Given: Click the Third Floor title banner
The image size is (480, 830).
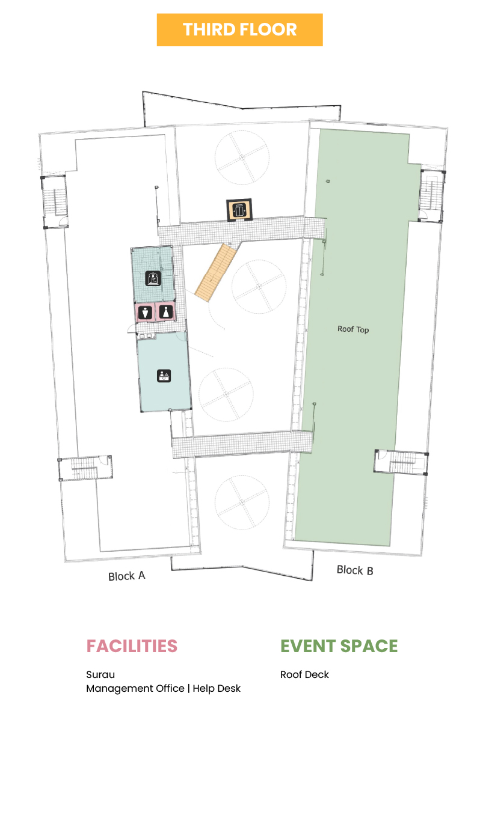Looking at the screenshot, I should [x=239, y=29].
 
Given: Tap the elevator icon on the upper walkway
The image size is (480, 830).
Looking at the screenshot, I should [x=241, y=210].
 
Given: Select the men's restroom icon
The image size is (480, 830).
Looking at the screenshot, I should [x=146, y=313].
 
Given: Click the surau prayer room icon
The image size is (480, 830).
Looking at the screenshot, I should [x=153, y=278].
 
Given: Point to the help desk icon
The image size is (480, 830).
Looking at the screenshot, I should [x=164, y=376].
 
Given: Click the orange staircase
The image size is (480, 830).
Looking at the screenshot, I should [x=216, y=272].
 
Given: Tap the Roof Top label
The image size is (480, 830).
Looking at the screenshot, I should [x=353, y=329].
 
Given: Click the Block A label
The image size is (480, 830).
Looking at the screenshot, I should [x=126, y=576].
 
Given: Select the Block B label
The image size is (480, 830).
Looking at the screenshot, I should [x=355, y=570].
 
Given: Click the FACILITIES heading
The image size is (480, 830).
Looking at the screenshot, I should [x=132, y=646].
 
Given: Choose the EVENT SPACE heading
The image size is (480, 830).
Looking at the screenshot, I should [x=339, y=646].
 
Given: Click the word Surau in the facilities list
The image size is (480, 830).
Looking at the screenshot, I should [x=100, y=674].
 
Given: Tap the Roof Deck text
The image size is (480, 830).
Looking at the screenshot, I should [x=304, y=674].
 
